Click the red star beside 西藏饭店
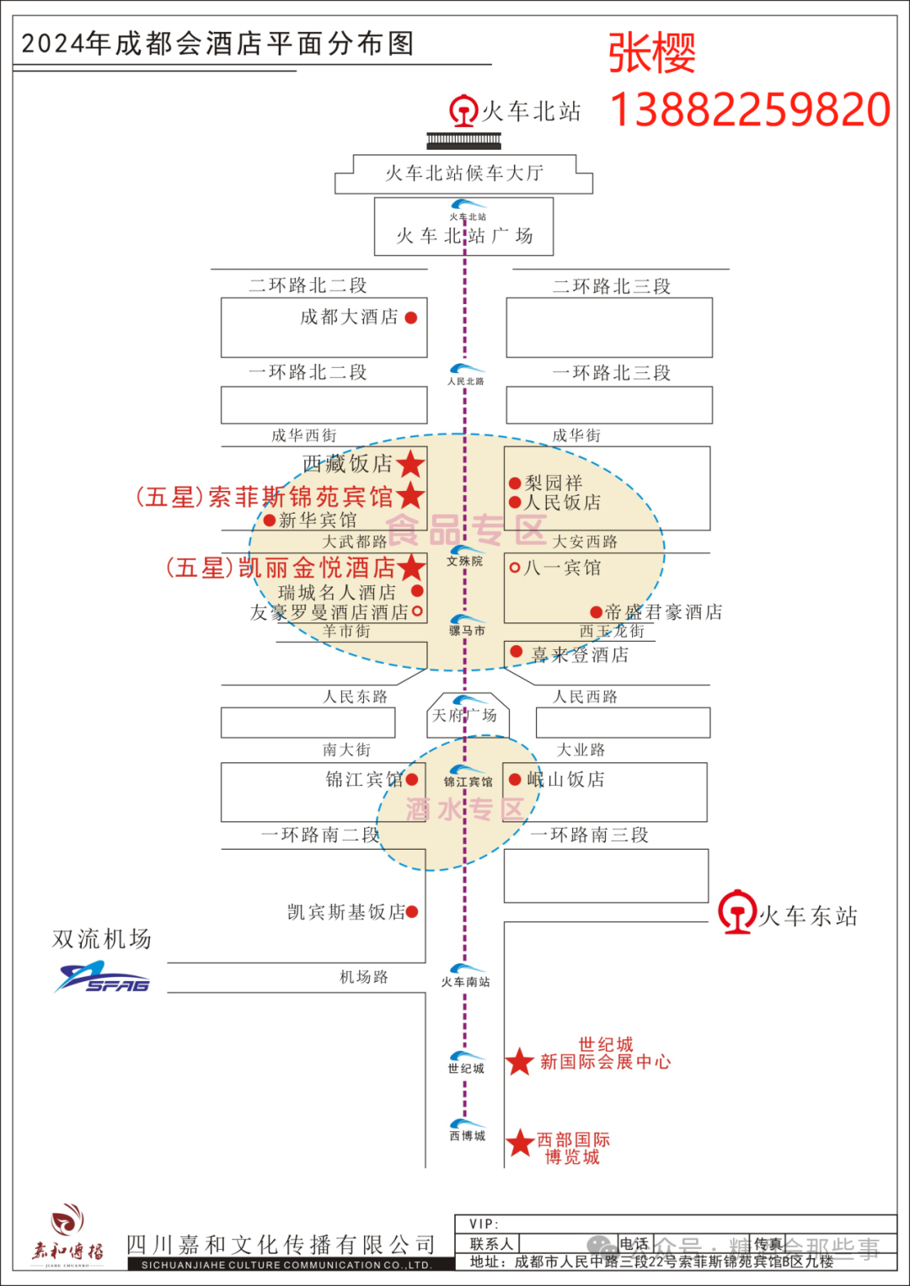(x=410, y=463)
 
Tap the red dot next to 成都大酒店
(x=411, y=317)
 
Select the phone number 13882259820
(x=749, y=109)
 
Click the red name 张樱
(x=652, y=53)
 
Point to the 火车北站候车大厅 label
(x=464, y=173)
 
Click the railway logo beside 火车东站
(x=737, y=911)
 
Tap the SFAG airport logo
(x=103, y=978)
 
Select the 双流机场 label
(x=102, y=938)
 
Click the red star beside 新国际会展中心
(x=520, y=1061)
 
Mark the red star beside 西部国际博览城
(x=520, y=1143)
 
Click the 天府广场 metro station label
(x=464, y=716)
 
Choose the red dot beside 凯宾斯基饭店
(x=412, y=911)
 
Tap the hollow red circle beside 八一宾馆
(x=514, y=568)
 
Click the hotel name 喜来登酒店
(x=580, y=654)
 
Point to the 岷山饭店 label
(x=566, y=779)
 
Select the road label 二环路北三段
(x=612, y=286)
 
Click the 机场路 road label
(x=364, y=977)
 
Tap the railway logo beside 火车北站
(x=463, y=111)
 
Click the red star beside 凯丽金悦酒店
(x=411, y=567)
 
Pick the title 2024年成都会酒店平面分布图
(x=217, y=43)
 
